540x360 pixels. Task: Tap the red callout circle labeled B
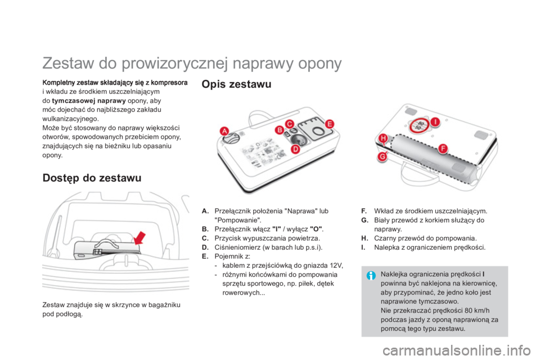(278, 130)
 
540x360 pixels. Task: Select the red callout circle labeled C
(290, 123)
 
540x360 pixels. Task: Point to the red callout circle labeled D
(295, 149)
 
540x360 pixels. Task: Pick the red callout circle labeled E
(329, 124)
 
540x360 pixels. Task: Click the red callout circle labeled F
(443, 148)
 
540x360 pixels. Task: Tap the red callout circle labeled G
(382, 156)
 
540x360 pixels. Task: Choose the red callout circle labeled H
(382, 138)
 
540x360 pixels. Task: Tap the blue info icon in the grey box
(372, 276)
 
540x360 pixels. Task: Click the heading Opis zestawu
(236, 85)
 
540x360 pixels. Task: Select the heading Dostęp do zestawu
(92, 178)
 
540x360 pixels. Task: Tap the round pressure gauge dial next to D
(306, 137)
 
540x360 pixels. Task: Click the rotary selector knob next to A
(235, 138)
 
